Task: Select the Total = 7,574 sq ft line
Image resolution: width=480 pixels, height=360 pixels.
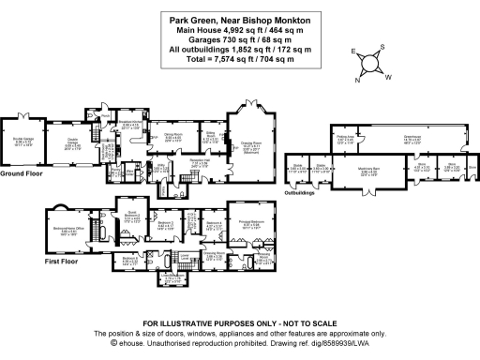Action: [238, 58]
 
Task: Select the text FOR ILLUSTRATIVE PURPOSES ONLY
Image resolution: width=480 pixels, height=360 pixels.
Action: [238, 323]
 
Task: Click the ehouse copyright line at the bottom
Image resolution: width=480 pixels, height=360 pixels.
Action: [238, 344]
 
